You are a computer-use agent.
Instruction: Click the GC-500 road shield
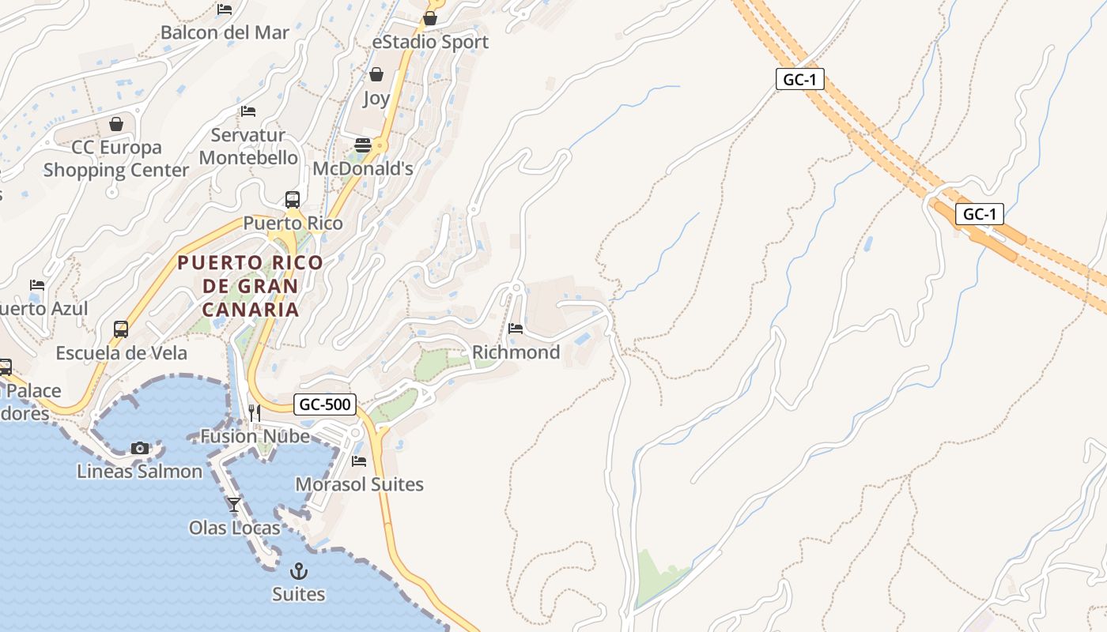(x=325, y=404)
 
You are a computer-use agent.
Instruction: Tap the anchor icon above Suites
(x=299, y=570)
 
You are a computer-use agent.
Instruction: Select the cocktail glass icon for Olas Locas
(x=234, y=504)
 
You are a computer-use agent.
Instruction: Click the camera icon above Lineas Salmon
(x=140, y=448)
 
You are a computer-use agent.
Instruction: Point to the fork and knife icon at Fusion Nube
(x=254, y=413)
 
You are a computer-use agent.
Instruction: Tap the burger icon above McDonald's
(x=363, y=145)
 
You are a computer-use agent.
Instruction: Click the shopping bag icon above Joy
(x=376, y=74)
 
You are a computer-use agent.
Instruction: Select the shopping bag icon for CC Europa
(x=116, y=124)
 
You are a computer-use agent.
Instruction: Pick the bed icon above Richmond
(x=516, y=328)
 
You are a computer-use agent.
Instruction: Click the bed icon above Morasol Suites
(x=359, y=461)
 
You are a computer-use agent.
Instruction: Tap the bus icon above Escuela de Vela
(x=121, y=329)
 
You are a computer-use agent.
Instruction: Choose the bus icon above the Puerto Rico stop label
(x=293, y=199)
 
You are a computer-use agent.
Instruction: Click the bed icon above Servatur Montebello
(x=248, y=111)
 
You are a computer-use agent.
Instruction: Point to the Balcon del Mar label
(x=225, y=32)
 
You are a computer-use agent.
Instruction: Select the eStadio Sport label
(x=430, y=42)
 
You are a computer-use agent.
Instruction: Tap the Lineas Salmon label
(x=139, y=471)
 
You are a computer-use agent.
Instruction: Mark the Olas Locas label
(x=234, y=527)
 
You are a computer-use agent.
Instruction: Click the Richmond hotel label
(x=516, y=352)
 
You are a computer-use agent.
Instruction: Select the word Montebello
(x=248, y=157)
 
